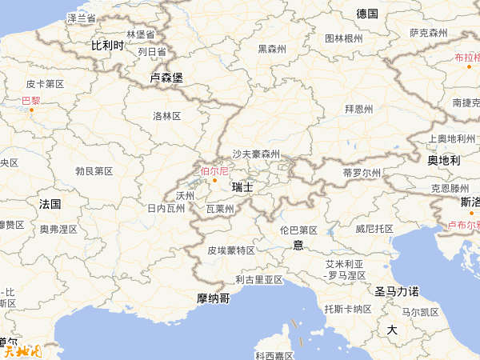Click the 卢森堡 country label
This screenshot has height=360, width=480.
(166, 78)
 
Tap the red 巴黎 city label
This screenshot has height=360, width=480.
(30, 100)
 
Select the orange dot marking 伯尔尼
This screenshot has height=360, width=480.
(214, 180)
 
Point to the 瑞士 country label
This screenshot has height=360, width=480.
(242, 186)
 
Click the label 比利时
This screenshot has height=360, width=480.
(107, 46)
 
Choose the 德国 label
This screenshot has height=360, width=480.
(367, 14)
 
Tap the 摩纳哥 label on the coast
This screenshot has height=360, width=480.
(213, 298)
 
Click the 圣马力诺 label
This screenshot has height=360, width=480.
(397, 291)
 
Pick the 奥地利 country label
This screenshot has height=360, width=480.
(443, 160)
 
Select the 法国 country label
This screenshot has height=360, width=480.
(50, 204)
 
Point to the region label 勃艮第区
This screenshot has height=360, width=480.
(94, 171)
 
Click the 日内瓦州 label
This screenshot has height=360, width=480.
(166, 208)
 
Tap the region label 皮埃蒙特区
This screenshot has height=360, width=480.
(231, 250)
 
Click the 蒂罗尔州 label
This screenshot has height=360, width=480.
(361, 172)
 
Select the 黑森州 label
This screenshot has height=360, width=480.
(272, 49)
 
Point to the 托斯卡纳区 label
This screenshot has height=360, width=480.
(347, 308)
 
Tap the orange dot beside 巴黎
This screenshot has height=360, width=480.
(32, 110)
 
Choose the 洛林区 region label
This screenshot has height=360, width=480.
(167, 116)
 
